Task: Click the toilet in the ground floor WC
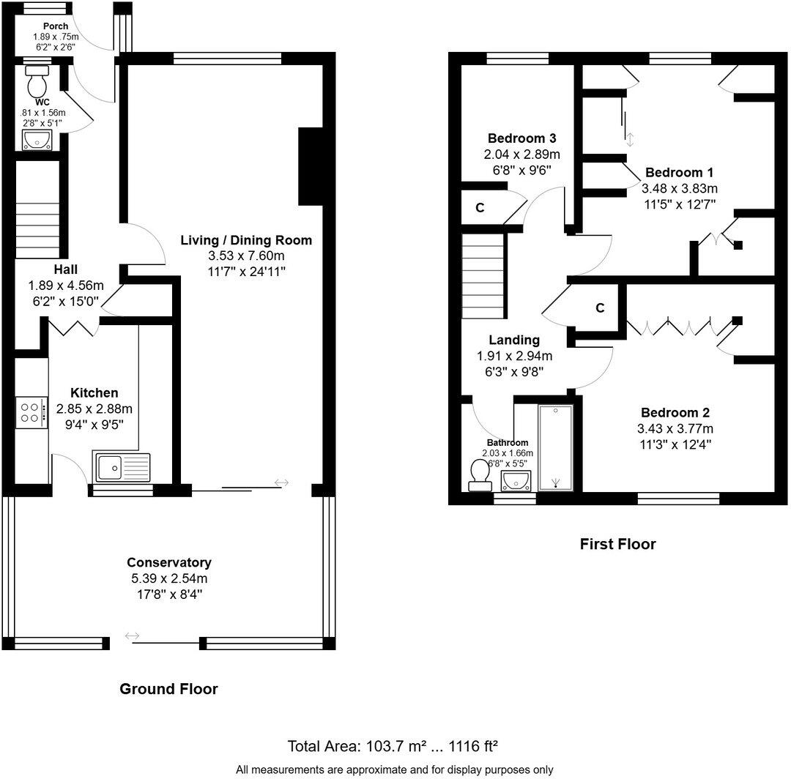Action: tap(35, 82)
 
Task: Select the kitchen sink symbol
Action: tap(122, 466)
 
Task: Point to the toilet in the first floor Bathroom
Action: tap(480, 474)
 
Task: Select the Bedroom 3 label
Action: tap(522, 138)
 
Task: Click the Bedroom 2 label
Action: tap(675, 412)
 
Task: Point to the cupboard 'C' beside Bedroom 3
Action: tap(480, 208)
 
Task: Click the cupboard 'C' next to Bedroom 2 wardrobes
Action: tap(599, 308)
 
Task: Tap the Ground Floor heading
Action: tap(168, 689)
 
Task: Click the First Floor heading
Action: tap(617, 544)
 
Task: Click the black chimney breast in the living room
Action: tap(311, 166)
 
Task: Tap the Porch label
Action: tap(56, 26)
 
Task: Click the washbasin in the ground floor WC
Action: tap(36, 139)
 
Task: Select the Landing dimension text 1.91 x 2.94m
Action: tap(514, 357)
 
